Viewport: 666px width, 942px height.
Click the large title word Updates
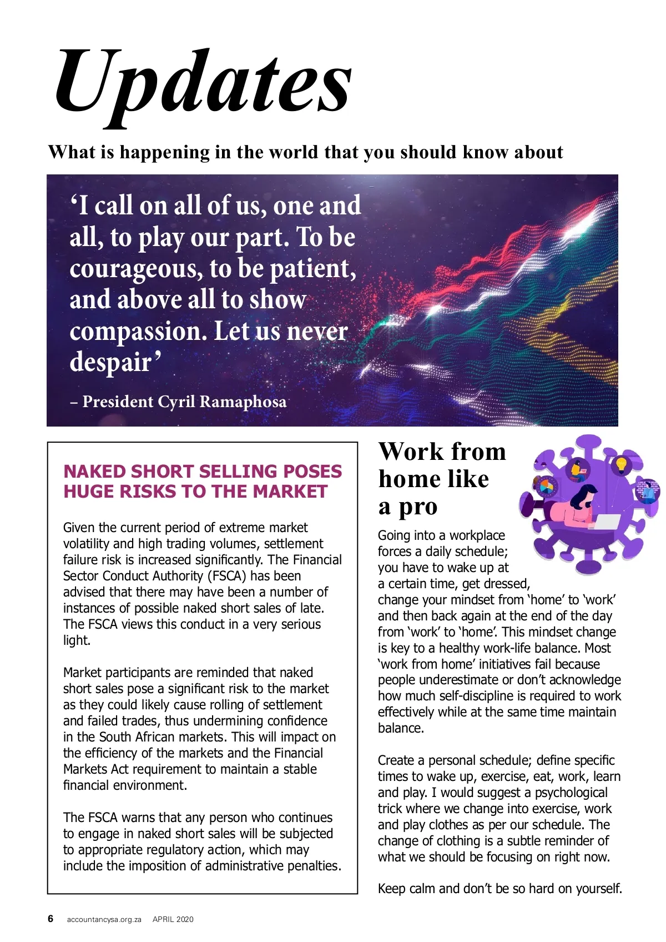coord(203,83)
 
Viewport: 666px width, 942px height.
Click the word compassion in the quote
coord(133,332)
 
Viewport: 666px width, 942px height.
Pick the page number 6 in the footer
coord(51,919)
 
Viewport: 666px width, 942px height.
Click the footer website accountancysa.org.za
coord(104,919)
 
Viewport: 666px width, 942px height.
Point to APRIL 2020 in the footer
coord(173,919)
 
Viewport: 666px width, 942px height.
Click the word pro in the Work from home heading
coord(418,507)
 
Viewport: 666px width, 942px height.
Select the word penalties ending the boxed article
coord(314,866)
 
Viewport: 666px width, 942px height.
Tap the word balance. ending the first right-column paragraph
coord(401,728)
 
